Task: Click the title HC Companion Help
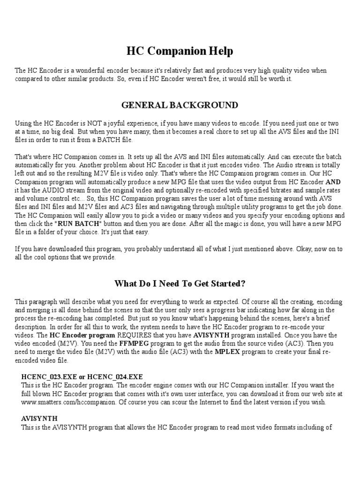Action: (180, 51)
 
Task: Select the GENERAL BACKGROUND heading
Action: (180, 105)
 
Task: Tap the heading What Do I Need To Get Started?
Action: (180, 284)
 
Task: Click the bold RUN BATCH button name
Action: (78, 224)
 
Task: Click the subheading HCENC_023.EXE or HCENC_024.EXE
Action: (82, 377)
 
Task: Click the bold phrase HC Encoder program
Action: (82, 335)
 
